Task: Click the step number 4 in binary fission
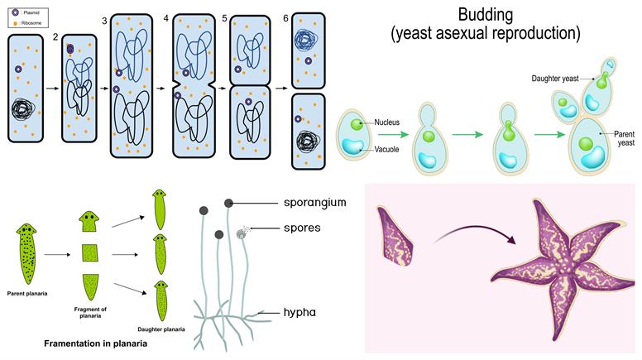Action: (x=166, y=17)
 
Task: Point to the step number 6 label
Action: (x=284, y=17)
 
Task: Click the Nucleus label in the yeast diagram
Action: (x=386, y=122)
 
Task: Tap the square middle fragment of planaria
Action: (x=91, y=253)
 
